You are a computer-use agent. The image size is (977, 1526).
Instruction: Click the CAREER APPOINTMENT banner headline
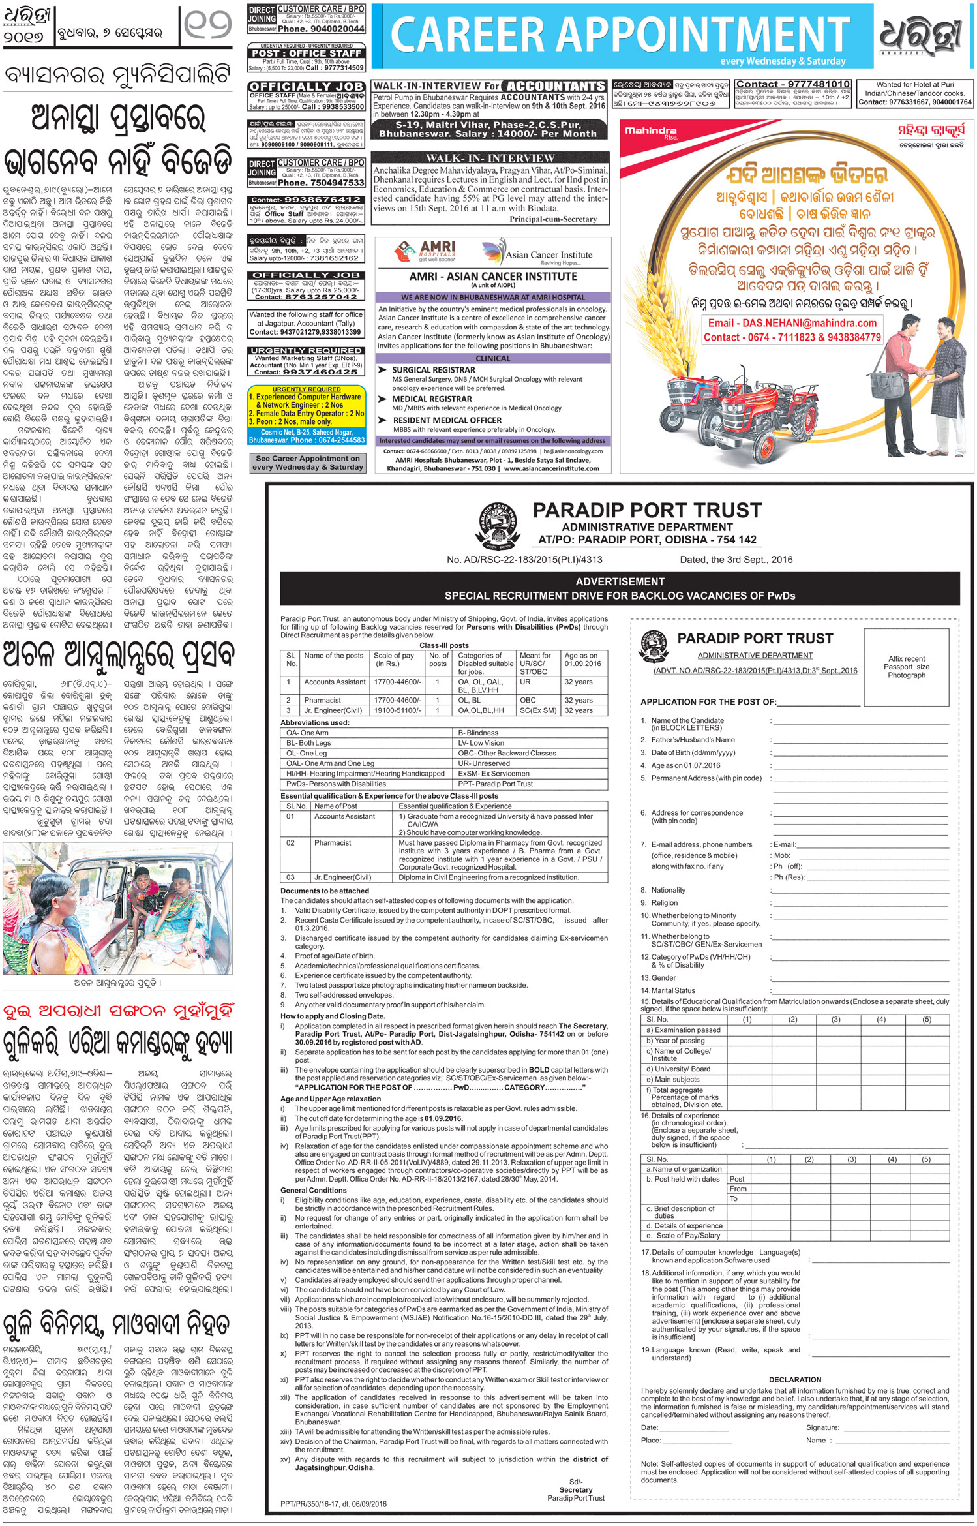pos(620,34)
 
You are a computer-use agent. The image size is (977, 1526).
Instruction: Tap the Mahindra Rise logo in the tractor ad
pos(651,132)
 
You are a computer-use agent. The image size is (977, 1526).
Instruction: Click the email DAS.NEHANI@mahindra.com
pos(792,323)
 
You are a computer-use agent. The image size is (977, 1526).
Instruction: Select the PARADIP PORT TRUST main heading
pos(647,510)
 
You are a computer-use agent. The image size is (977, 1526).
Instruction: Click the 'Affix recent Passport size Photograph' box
pos(906,667)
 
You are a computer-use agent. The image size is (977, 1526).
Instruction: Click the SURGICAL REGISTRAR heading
pos(433,370)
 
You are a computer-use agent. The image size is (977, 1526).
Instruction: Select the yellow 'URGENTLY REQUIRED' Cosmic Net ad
pos(306,416)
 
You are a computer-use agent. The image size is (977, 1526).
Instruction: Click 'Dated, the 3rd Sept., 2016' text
pos(736,559)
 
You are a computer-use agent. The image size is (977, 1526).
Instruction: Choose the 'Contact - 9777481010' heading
pos(792,84)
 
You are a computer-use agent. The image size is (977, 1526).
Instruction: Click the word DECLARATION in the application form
pos(794,1380)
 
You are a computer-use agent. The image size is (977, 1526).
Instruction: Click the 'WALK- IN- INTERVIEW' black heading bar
pos(490,158)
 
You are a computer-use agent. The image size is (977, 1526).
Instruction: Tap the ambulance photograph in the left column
pos(117,908)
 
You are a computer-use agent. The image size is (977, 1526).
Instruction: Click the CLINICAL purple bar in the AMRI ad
pos(493,358)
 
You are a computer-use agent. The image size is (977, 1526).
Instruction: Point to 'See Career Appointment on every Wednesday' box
pos(307,463)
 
